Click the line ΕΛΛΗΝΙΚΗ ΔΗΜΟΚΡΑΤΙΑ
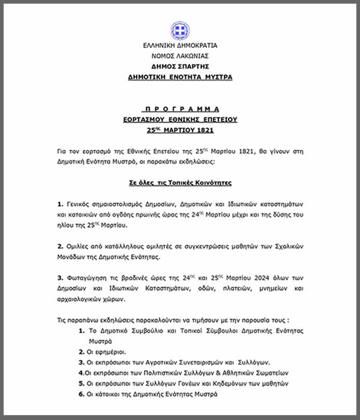180,46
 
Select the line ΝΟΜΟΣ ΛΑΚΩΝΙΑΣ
180,56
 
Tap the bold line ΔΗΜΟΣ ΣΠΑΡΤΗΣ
180,67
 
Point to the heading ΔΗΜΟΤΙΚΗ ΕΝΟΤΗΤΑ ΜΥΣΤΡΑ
180,77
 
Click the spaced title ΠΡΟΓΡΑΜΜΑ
180,109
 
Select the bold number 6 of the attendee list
80,394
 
